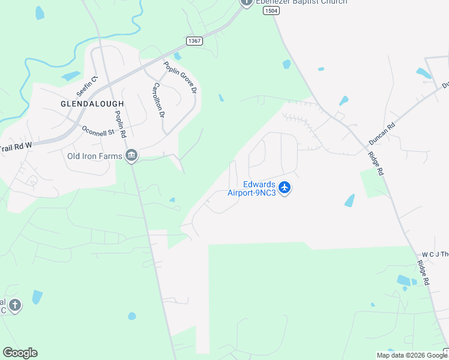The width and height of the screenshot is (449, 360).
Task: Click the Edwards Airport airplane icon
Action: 285,188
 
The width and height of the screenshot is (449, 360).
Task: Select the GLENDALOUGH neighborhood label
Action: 92,104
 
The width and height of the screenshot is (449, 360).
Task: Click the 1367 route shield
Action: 194,41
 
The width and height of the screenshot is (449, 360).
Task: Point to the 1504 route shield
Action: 271,11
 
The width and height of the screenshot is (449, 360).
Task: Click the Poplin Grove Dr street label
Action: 181,77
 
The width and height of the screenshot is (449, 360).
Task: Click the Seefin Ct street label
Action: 86,85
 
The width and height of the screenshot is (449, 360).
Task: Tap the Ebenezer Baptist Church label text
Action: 301,2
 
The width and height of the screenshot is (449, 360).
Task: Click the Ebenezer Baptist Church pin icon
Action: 246,3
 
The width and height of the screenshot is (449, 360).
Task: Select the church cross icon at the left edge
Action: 15,305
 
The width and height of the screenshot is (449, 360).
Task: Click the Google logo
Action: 20,353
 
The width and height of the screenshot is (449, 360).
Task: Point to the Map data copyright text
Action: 411,355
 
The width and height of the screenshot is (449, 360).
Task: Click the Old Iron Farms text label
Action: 95,157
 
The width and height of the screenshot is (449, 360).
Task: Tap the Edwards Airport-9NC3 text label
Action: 251,188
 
